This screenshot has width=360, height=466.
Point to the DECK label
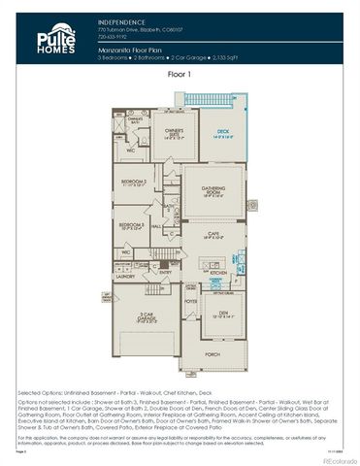[223, 131]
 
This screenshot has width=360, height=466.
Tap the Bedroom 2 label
[133, 183]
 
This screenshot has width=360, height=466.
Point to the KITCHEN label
[218, 273]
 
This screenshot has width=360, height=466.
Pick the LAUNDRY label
[124, 276]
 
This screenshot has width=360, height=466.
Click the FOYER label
[191, 302]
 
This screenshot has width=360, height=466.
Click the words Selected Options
[37, 393]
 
